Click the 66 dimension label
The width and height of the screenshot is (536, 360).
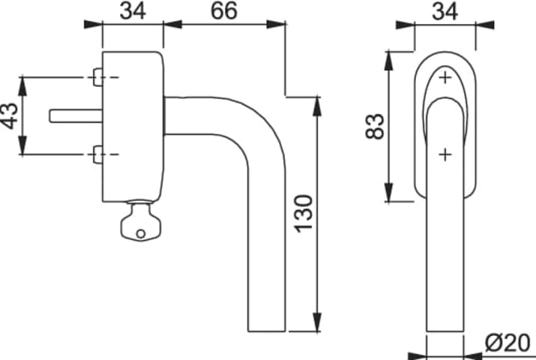224,10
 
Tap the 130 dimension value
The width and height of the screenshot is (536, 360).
304,214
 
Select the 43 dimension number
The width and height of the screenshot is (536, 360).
10,116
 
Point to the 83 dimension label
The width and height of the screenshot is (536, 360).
375,126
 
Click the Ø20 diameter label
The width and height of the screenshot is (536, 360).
508,343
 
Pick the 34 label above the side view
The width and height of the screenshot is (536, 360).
133,10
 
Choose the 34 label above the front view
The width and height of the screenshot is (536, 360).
445,11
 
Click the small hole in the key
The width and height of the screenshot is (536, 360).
141,234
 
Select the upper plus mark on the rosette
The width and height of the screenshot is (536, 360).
445,77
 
